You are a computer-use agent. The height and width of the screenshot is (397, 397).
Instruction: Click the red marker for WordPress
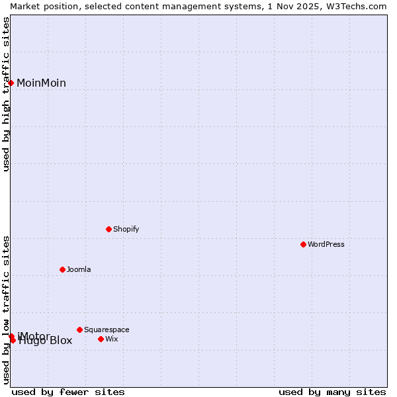tap(304, 244)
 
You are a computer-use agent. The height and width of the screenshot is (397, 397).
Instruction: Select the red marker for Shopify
tap(109, 229)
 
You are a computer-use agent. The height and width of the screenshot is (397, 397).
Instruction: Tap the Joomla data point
tap(63, 269)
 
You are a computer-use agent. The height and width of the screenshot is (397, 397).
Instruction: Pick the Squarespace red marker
tap(80, 330)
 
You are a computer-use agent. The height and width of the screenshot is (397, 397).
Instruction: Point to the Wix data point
tap(101, 339)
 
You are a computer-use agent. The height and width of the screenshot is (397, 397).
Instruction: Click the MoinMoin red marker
tap(11, 83)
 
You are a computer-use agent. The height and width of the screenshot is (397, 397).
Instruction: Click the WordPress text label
tap(326, 244)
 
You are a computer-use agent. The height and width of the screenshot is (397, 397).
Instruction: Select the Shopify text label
tap(126, 229)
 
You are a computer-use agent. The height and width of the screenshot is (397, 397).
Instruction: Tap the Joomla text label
tap(79, 269)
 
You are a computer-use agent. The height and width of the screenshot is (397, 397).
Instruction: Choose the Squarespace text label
tap(107, 330)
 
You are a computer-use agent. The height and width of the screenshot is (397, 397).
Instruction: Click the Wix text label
tap(112, 339)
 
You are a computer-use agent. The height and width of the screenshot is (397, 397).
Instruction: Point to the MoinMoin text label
tap(41, 83)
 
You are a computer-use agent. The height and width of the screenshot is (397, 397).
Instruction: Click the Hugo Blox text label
tap(46, 341)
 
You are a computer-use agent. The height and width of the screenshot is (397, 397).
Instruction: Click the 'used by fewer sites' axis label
tap(68, 392)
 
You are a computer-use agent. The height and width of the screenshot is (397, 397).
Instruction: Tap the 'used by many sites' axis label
tap(332, 392)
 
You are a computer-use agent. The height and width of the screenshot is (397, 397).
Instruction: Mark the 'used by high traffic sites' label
tap(7, 94)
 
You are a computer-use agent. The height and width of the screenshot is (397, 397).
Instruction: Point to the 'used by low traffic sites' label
tap(7, 309)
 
